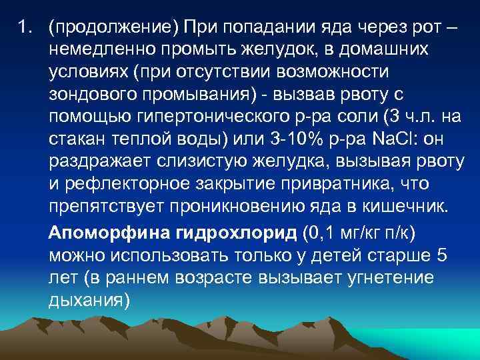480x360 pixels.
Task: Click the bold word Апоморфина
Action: [99, 233]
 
